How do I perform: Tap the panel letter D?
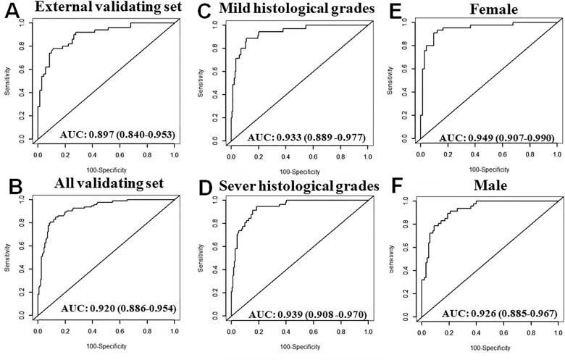[x=204, y=187]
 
